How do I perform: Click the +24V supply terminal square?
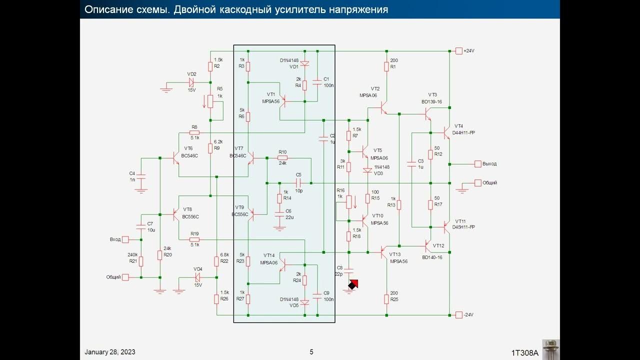pos(459,51)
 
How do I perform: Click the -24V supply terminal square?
pos(459,314)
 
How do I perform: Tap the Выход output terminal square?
pos(478,164)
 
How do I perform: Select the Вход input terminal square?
pos(125,239)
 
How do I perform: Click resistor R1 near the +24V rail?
pos(386,66)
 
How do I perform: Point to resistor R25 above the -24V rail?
pos(386,299)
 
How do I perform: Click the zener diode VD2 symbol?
pos(191,82)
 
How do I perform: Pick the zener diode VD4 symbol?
pos(198,277)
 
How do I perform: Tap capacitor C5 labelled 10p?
pos(299,183)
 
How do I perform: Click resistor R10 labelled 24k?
pos(282,158)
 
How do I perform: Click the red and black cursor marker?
pos(353,284)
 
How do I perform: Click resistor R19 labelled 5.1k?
pos(194,239)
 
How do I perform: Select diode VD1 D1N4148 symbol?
pos(304,64)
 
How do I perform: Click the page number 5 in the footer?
pos(311,352)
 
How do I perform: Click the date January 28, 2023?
pos(110,352)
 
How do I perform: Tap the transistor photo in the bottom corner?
pos(550,349)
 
